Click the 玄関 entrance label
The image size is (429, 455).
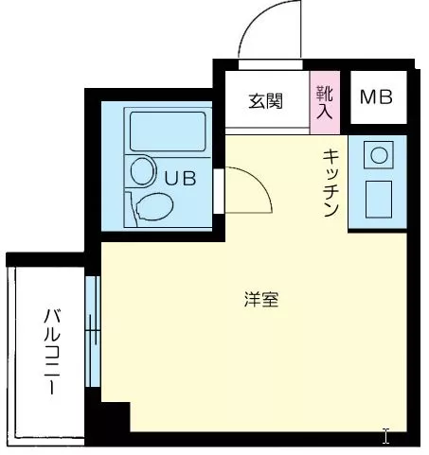click(x=266, y=101)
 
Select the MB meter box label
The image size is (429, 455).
click(x=376, y=97)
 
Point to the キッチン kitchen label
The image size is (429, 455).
click(x=331, y=183)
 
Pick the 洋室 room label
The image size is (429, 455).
click(x=260, y=301)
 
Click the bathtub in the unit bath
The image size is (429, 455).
click(x=167, y=132)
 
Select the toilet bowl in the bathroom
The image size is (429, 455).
click(x=152, y=204)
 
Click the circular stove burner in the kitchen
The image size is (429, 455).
click(x=380, y=154)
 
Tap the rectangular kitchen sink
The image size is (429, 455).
click(x=380, y=198)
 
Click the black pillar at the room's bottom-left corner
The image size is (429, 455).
click(x=114, y=417)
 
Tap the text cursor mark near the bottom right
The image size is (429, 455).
click(x=385, y=436)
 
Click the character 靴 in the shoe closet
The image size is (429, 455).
click(x=324, y=93)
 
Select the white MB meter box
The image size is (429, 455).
click(x=377, y=97)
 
